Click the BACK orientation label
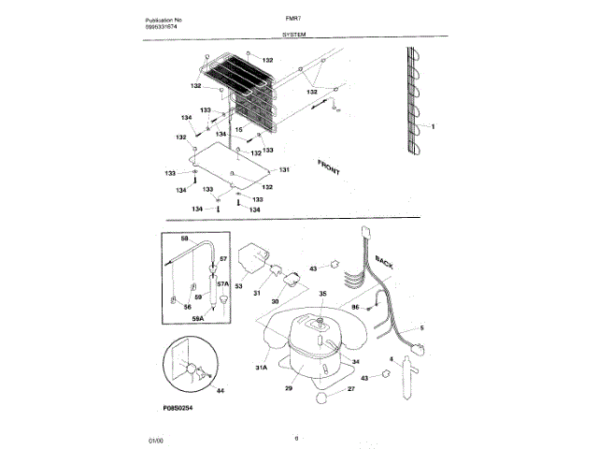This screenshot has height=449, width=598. tap(383, 261)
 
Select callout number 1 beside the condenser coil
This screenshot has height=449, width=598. tap(433, 125)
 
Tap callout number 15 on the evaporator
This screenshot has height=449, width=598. tap(239, 129)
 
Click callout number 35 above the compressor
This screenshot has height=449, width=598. tap(323, 294)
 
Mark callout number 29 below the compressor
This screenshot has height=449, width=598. tap(289, 387)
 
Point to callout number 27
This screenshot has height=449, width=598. tap(350, 388)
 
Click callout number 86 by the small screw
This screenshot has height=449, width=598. tap(355, 306)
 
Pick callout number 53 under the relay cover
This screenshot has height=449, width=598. tap(238, 286)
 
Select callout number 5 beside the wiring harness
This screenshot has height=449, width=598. tap(421, 328)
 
